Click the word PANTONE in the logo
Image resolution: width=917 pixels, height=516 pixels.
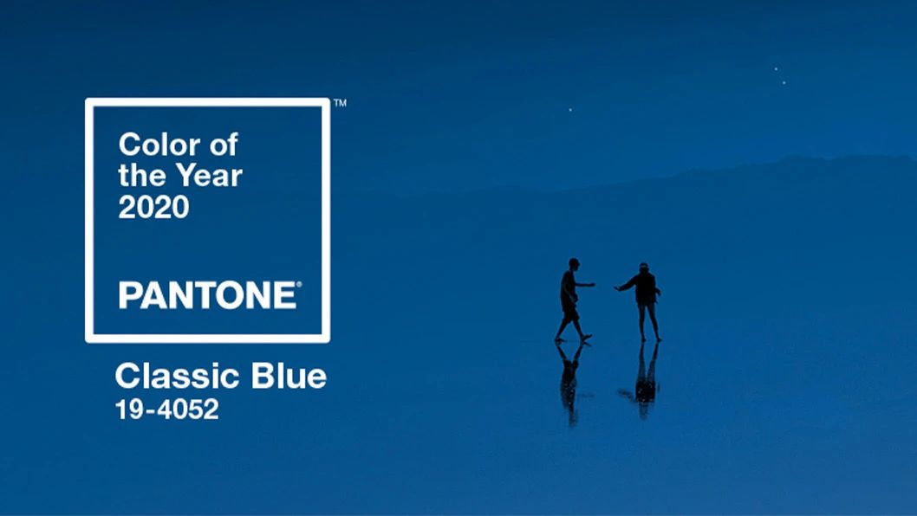point(208,295)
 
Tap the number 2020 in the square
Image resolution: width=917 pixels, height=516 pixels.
point(153,207)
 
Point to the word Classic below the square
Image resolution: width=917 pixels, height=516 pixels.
point(178,376)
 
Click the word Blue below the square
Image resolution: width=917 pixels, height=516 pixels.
point(289,376)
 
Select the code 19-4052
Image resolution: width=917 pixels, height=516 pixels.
point(167,409)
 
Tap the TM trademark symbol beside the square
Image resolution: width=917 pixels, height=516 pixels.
point(341,103)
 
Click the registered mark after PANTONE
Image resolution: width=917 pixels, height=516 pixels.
point(299,285)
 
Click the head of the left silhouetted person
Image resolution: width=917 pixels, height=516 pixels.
point(574,263)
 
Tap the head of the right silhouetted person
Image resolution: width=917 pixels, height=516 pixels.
point(643,267)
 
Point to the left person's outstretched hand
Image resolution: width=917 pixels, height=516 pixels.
point(592,285)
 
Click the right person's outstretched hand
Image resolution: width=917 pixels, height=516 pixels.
point(617,287)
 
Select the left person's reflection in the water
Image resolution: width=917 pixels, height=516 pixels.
point(570,383)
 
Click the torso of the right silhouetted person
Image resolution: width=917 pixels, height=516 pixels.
point(646,288)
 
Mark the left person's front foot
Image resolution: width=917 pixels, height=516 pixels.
point(585,337)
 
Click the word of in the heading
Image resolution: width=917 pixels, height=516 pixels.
point(224,145)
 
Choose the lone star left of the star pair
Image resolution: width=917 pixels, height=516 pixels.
point(570,110)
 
